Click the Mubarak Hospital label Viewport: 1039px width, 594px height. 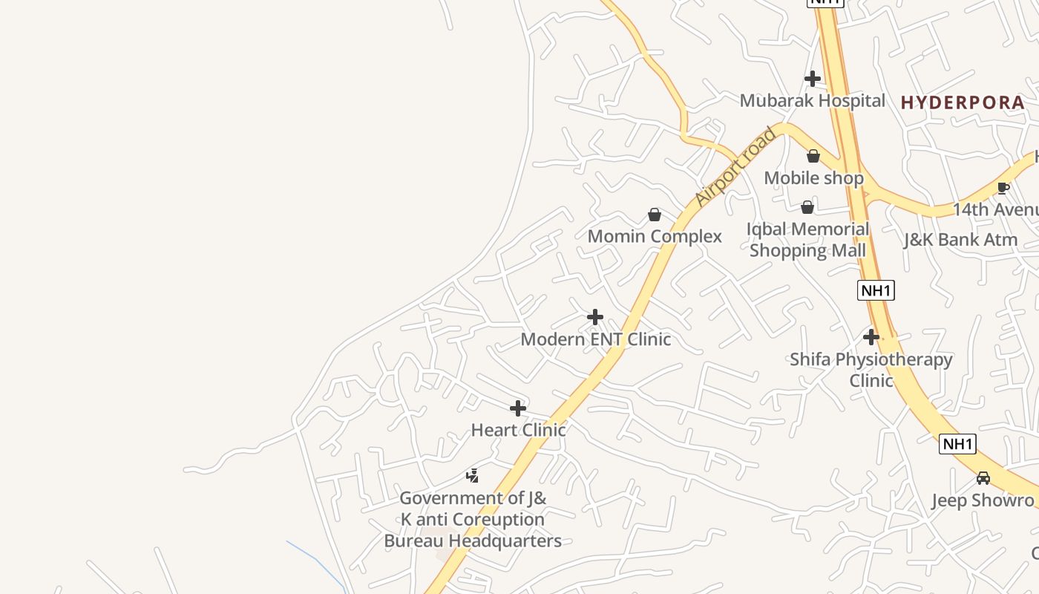point(812,100)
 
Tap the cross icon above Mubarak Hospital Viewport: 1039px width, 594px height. point(813,78)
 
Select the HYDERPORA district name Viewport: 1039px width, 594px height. point(963,102)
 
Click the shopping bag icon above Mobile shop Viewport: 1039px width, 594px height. point(813,156)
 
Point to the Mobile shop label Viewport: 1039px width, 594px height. point(813,178)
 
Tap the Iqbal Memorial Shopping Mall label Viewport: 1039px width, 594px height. point(807,239)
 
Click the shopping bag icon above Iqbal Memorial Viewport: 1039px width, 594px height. point(807,207)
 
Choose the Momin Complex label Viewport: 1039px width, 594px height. point(655,236)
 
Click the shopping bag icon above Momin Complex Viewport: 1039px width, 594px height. point(655,215)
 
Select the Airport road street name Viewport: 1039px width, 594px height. point(735,167)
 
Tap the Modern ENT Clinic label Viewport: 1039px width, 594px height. point(595,339)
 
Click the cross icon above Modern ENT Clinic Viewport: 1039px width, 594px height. point(595,317)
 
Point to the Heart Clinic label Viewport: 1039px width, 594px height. point(518,430)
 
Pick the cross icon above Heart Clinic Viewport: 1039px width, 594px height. point(518,408)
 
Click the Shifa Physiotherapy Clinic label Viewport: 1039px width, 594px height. point(871,370)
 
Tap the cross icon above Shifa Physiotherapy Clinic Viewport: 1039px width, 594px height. point(871,337)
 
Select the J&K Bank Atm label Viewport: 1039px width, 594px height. point(960,240)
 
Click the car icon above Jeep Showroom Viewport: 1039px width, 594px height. point(983,478)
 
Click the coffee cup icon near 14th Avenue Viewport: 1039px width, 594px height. point(1003,188)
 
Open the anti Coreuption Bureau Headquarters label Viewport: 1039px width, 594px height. point(473,519)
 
